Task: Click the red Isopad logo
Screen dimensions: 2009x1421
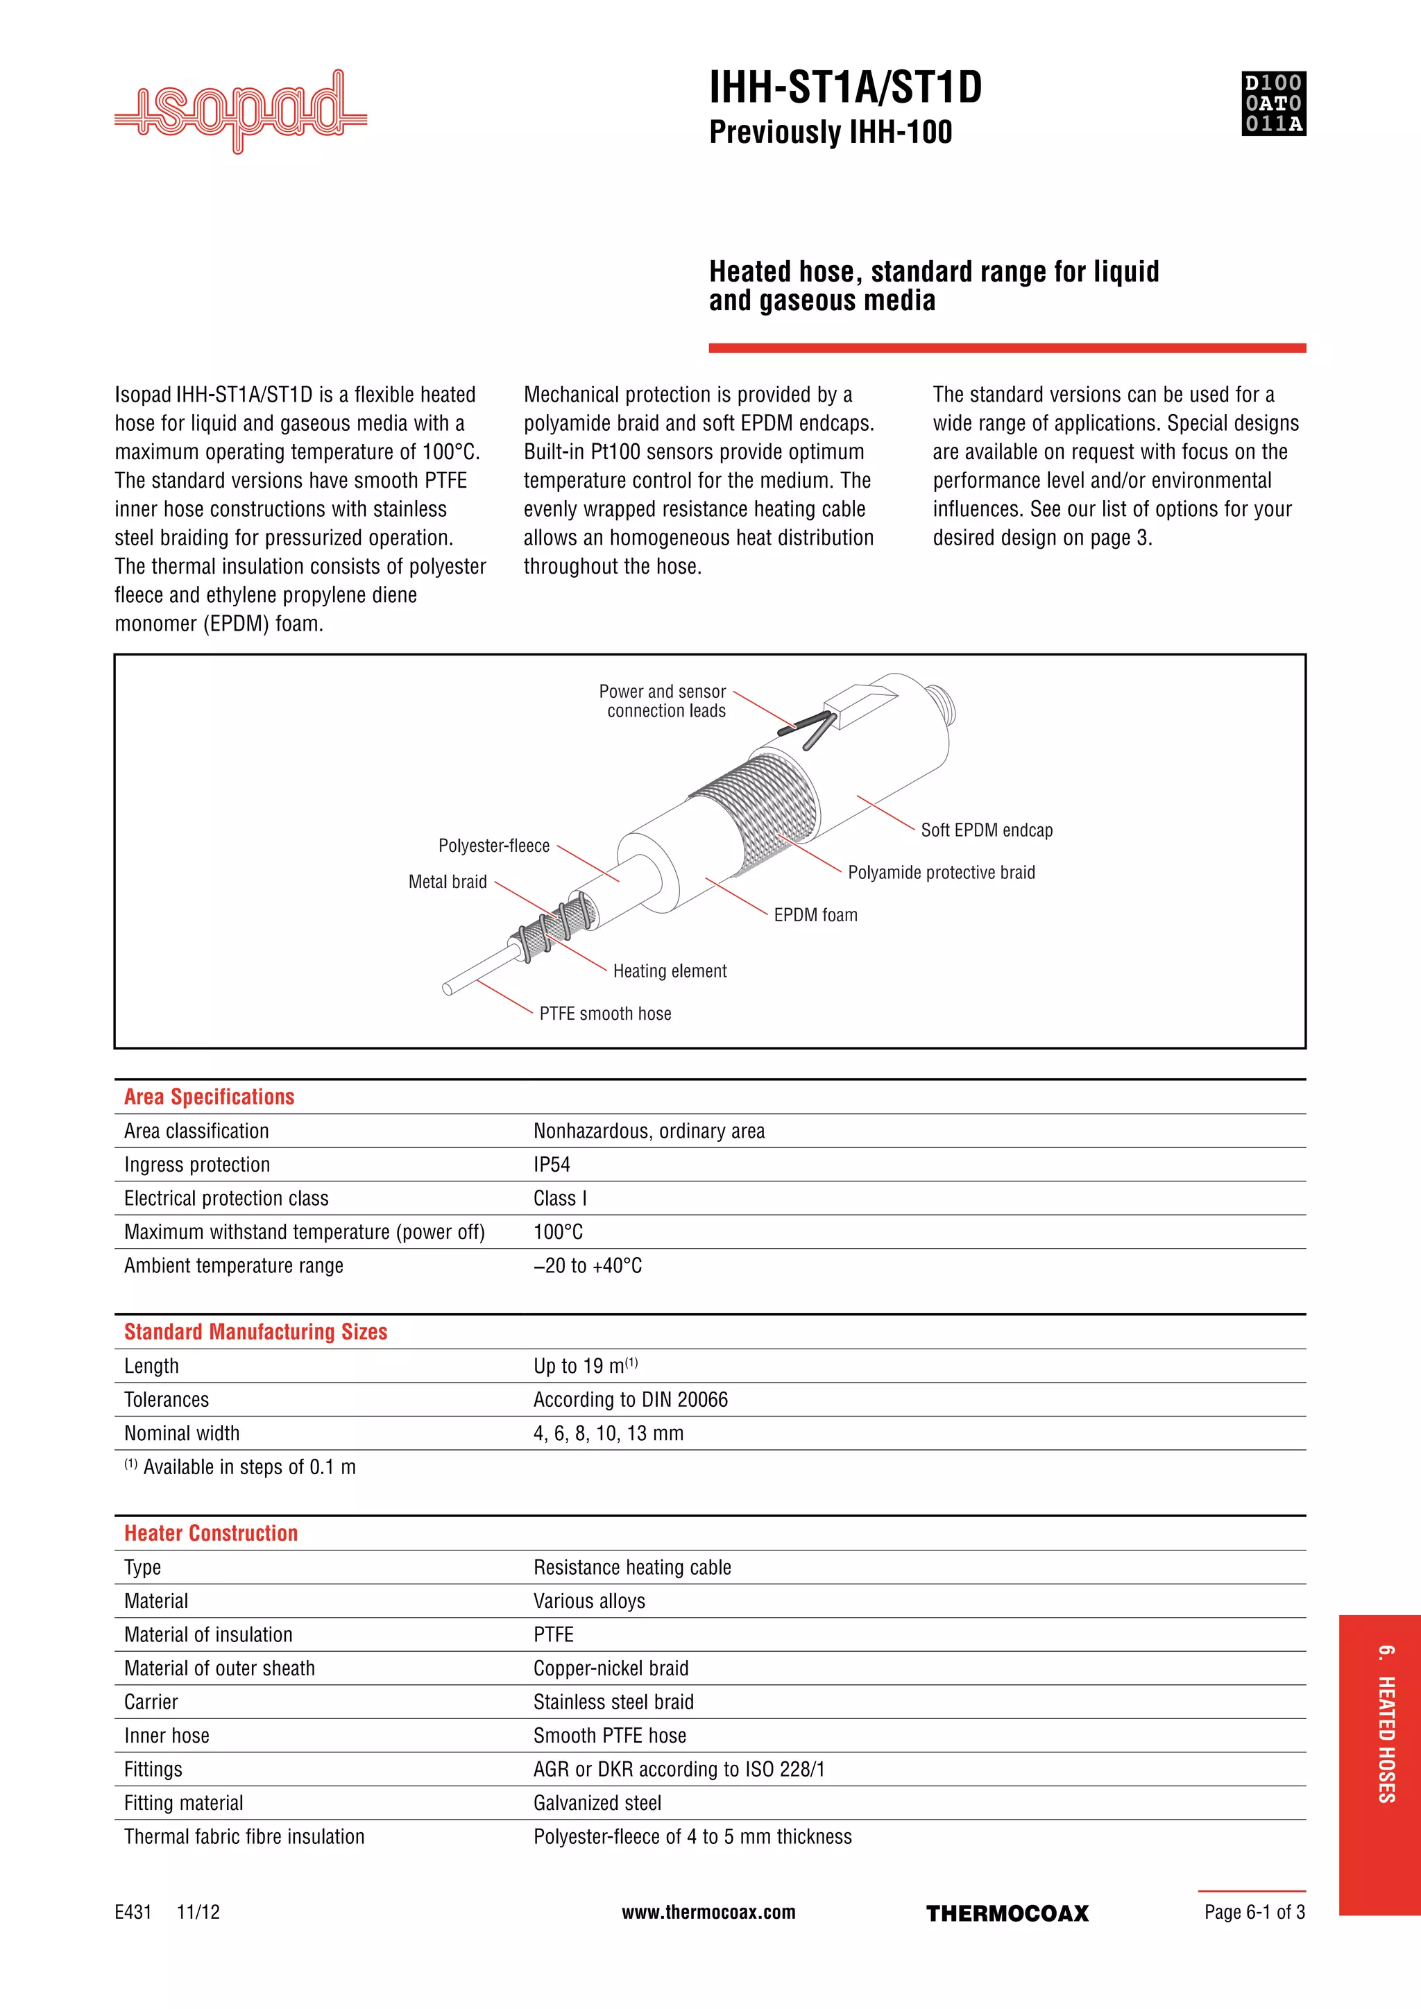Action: pyautogui.click(x=241, y=112)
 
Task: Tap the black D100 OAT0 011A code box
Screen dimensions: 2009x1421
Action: pyautogui.click(x=1273, y=103)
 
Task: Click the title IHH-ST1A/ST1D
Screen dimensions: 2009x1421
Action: pyautogui.click(x=845, y=87)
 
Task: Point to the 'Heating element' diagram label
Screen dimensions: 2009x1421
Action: pyautogui.click(x=670, y=971)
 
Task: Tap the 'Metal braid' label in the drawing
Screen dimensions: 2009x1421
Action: pyautogui.click(x=447, y=882)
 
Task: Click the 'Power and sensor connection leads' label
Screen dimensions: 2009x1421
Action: pyautogui.click(x=663, y=701)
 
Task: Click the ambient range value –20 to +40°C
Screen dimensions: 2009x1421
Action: pyautogui.click(x=587, y=1265)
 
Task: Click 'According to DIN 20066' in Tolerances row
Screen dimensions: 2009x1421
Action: pyautogui.click(x=630, y=1399)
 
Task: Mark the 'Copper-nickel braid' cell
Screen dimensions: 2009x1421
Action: pyautogui.click(x=611, y=1668)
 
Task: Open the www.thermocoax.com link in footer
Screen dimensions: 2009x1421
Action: pyautogui.click(x=708, y=1912)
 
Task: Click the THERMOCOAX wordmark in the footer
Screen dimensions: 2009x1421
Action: pyautogui.click(x=1007, y=1914)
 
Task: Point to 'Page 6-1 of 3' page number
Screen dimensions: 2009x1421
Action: pyautogui.click(x=1254, y=1912)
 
